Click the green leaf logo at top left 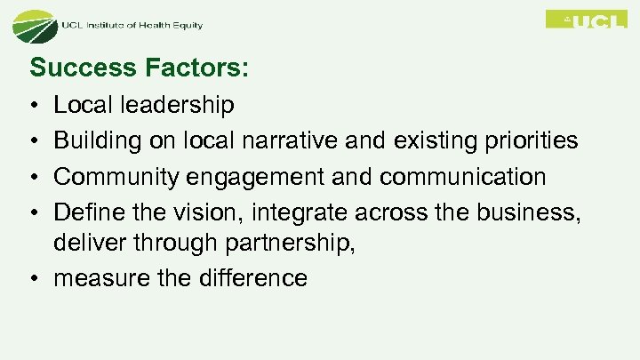[33, 27]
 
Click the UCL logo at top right [586, 20]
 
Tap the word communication [462, 176]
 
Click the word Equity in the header [187, 25]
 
